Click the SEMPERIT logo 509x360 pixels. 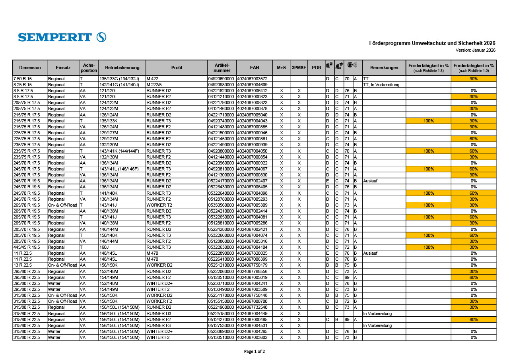[x=62, y=37]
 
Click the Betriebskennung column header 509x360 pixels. [x=122, y=68]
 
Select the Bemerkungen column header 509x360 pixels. [x=384, y=68]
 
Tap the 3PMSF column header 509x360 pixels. [x=299, y=68]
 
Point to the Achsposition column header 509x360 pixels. [x=89, y=68]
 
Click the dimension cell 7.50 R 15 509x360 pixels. [x=23, y=79]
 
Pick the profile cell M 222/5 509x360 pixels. [x=155, y=85]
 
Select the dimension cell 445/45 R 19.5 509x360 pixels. [x=27, y=247]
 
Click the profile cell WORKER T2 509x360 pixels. [x=159, y=205]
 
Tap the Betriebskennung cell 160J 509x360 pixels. [x=104, y=247]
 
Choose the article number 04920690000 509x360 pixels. [x=222, y=79]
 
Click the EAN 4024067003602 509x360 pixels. [x=252, y=337]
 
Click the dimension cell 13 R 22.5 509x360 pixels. [x=23, y=265]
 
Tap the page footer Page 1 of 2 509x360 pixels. [x=254, y=351]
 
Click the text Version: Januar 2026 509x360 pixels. [x=475, y=50]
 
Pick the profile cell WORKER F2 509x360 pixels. [x=159, y=301]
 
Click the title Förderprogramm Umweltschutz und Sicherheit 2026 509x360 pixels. [x=432, y=43]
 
